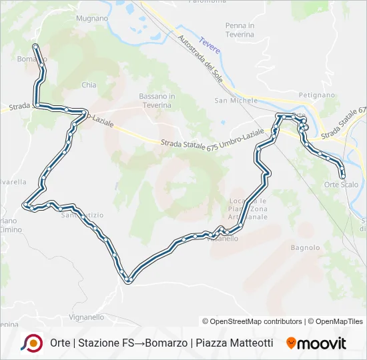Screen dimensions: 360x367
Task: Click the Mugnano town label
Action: (x=92, y=19)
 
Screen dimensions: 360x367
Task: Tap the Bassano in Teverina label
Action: (x=157, y=101)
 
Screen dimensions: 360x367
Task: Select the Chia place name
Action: (x=89, y=85)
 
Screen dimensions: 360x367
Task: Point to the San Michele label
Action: (x=236, y=101)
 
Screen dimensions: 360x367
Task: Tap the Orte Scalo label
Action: (x=340, y=184)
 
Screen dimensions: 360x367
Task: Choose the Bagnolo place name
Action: (x=306, y=247)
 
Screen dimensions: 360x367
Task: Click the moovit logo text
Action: (x=322, y=343)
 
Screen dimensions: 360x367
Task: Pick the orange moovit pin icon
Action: (x=291, y=343)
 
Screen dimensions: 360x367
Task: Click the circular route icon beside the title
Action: (x=31, y=343)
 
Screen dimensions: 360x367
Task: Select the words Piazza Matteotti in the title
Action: (x=234, y=343)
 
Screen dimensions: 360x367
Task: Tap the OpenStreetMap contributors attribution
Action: (x=252, y=321)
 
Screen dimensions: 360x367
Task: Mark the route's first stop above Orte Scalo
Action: (x=343, y=175)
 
